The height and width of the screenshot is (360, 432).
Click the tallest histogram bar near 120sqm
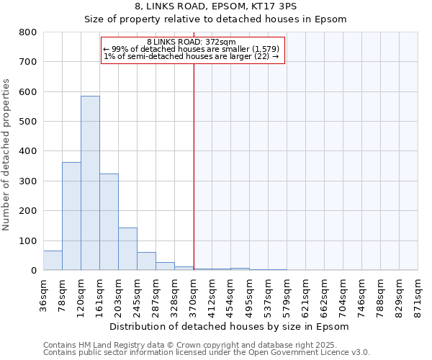(90, 183)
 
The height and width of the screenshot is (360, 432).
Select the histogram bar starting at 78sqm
(71, 216)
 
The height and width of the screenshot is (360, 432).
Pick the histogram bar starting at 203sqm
(127, 249)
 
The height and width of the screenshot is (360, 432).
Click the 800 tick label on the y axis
(28, 32)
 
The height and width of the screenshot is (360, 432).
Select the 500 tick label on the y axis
(28, 122)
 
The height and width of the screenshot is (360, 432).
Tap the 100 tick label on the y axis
(28, 240)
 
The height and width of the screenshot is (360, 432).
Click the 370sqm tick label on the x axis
(194, 295)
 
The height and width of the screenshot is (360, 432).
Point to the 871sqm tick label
(418, 295)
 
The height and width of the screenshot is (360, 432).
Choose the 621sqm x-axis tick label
(306, 295)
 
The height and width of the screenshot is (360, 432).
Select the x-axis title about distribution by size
(230, 327)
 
